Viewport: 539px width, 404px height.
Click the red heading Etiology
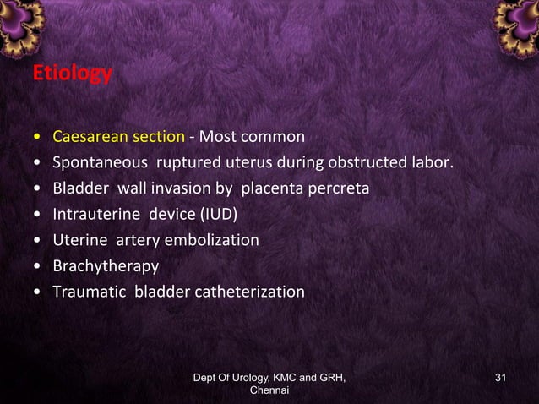pos(72,74)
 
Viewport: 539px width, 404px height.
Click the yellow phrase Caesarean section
pos(118,136)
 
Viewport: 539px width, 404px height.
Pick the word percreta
pos(340,188)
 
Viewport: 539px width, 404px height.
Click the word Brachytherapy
pos(106,266)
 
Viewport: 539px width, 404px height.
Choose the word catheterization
pos(250,292)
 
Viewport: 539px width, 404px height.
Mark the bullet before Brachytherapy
pos(37,267)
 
